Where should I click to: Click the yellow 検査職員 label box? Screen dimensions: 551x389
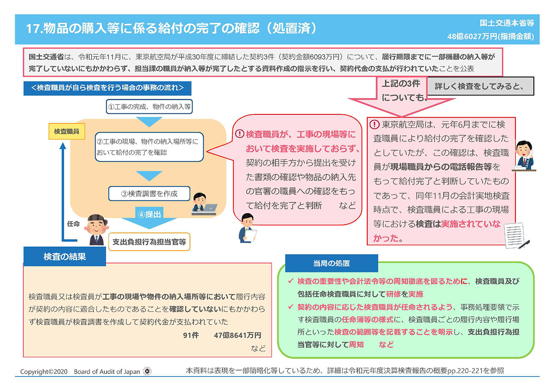tap(67, 131)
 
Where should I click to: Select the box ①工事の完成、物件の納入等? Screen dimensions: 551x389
tap(149, 107)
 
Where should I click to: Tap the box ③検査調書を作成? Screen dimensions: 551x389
tap(149, 193)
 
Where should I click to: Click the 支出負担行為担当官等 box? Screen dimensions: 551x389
tap(149, 242)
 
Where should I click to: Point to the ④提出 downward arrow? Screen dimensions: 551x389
tap(149, 218)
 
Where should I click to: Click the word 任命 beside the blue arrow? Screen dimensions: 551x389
tap(73, 224)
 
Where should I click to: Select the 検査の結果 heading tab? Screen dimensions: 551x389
tap(65, 256)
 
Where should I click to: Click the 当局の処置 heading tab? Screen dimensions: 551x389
tap(331, 263)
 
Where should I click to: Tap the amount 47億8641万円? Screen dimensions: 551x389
tap(237, 335)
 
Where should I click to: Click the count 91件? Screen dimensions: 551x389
tap(191, 335)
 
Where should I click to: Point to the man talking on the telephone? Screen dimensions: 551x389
tap(524, 156)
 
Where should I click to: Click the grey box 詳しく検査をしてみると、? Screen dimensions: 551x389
tap(480, 86)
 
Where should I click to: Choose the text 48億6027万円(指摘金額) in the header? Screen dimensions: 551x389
tap(491, 37)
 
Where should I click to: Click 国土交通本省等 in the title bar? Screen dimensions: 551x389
tap(507, 23)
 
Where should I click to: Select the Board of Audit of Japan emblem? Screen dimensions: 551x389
tap(147, 371)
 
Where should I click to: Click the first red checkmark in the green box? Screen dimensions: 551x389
tap(291, 281)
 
